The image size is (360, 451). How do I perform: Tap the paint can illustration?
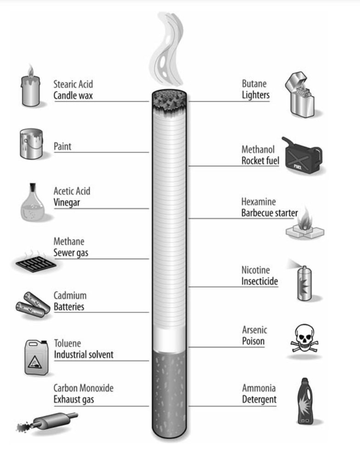tap(31, 144)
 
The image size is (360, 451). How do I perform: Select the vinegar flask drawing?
tap(33, 204)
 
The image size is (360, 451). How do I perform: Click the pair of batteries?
tap(32, 304)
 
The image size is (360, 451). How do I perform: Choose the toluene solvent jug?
tap(36, 357)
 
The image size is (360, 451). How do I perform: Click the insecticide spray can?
tap(304, 283)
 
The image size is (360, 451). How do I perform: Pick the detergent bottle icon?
tap(305, 401)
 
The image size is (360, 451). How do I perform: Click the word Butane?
tap(254, 84)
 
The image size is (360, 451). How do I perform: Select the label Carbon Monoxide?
tap(83, 388)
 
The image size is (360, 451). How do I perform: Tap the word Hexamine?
tap(259, 202)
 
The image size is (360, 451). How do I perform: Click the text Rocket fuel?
tap(260, 161)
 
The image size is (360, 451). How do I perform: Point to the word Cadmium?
tap(70, 295)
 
